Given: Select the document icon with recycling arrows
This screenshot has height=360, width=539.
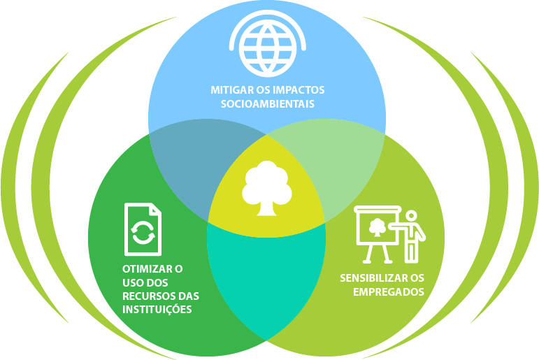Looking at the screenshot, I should click(x=143, y=229).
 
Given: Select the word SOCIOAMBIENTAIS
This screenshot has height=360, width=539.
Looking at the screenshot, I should click(x=266, y=104).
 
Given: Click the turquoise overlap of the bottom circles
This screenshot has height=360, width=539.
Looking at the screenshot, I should click(x=266, y=280).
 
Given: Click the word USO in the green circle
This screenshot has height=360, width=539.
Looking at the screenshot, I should click(x=123, y=282).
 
